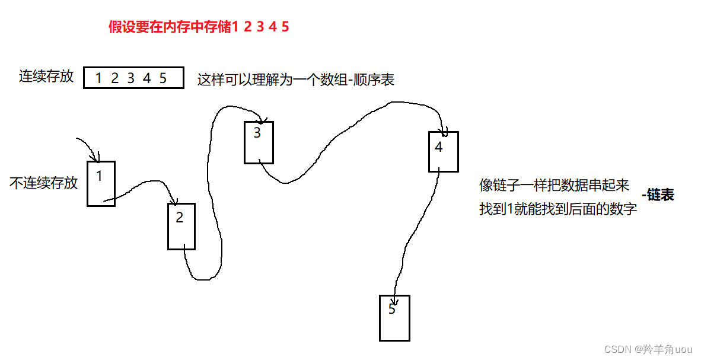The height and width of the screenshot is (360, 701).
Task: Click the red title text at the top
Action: pyautogui.click(x=199, y=27)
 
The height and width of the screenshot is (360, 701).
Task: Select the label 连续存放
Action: pyautogui.click(x=46, y=77)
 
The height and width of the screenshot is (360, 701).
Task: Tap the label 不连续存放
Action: pyautogui.click(x=44, y=183)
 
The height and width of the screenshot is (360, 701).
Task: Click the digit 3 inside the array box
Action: pyautogui.click(x=130, y=78)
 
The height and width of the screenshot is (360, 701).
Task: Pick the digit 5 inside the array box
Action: pyautogui.click(x=163, y=78)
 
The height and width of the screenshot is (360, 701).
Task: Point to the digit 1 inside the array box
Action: pyautogui.click(x=98, y=78)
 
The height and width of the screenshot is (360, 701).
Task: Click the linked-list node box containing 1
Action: pyautogui.click(x=101, y=184)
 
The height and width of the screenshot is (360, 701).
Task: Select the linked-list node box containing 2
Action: pyautogui.click(x=181, y=227)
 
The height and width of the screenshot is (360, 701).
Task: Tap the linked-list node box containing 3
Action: pyautogui.click(x=259, y=142)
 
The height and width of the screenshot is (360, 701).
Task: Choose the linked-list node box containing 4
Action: pyautogui.click(x=443, y=152)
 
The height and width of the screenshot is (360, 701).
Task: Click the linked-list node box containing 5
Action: pyautogui.click(x=394, y=318)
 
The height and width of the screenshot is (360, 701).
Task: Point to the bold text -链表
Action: pyautogui.click(x=658, y=196)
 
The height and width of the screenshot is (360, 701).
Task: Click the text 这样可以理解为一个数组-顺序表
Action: pyautogui.click(x=296, y=80)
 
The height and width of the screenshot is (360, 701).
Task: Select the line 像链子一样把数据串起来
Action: pyautogui.click(x=554, y=185)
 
